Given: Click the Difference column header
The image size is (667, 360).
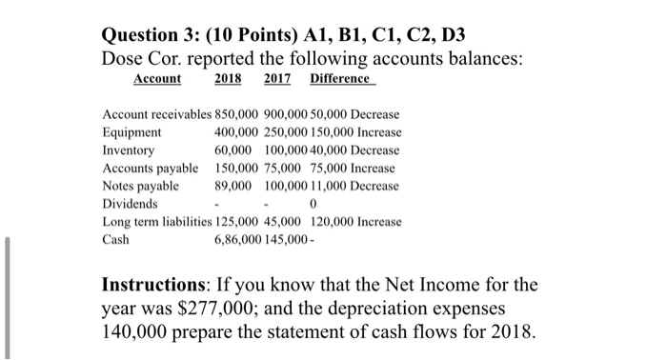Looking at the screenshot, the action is (343, 79).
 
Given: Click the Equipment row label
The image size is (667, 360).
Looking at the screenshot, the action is (131, 132).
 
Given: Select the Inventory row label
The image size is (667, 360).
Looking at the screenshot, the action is (128, 150).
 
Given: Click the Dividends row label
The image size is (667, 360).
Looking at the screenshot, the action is (130, 204).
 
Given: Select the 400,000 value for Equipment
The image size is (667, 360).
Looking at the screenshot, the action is (234, 132).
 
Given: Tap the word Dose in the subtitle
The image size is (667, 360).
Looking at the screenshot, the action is (125, 56).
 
